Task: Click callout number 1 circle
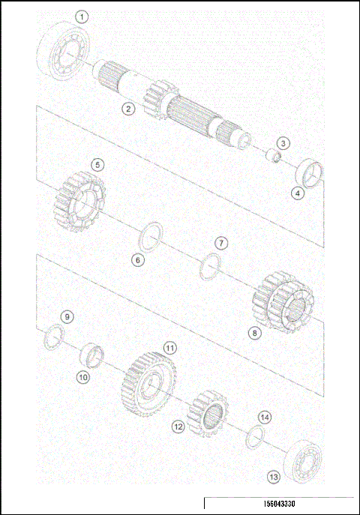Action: [82, 16]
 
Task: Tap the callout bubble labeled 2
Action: [129, 109]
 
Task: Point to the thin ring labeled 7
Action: [210, 267]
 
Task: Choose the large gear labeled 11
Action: [148, 384]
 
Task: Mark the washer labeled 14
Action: [254, 436]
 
